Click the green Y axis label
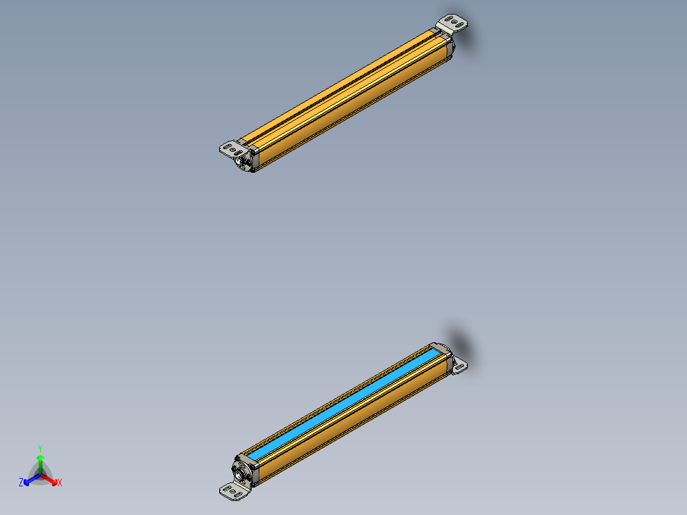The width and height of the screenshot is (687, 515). coord(40,448)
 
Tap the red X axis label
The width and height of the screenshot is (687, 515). coord(60,483)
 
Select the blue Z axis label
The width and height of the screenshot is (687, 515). coord(21,482)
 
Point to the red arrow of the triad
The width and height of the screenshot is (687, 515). coord(51,479)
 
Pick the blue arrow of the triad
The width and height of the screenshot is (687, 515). coord(30,479)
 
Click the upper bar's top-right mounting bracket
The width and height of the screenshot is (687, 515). coord(454,24)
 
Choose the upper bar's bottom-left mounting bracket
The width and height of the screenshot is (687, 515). coord(233,149)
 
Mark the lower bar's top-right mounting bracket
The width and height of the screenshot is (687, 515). coord(459,365)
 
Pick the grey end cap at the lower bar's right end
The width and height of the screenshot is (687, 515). coord(446,361)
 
